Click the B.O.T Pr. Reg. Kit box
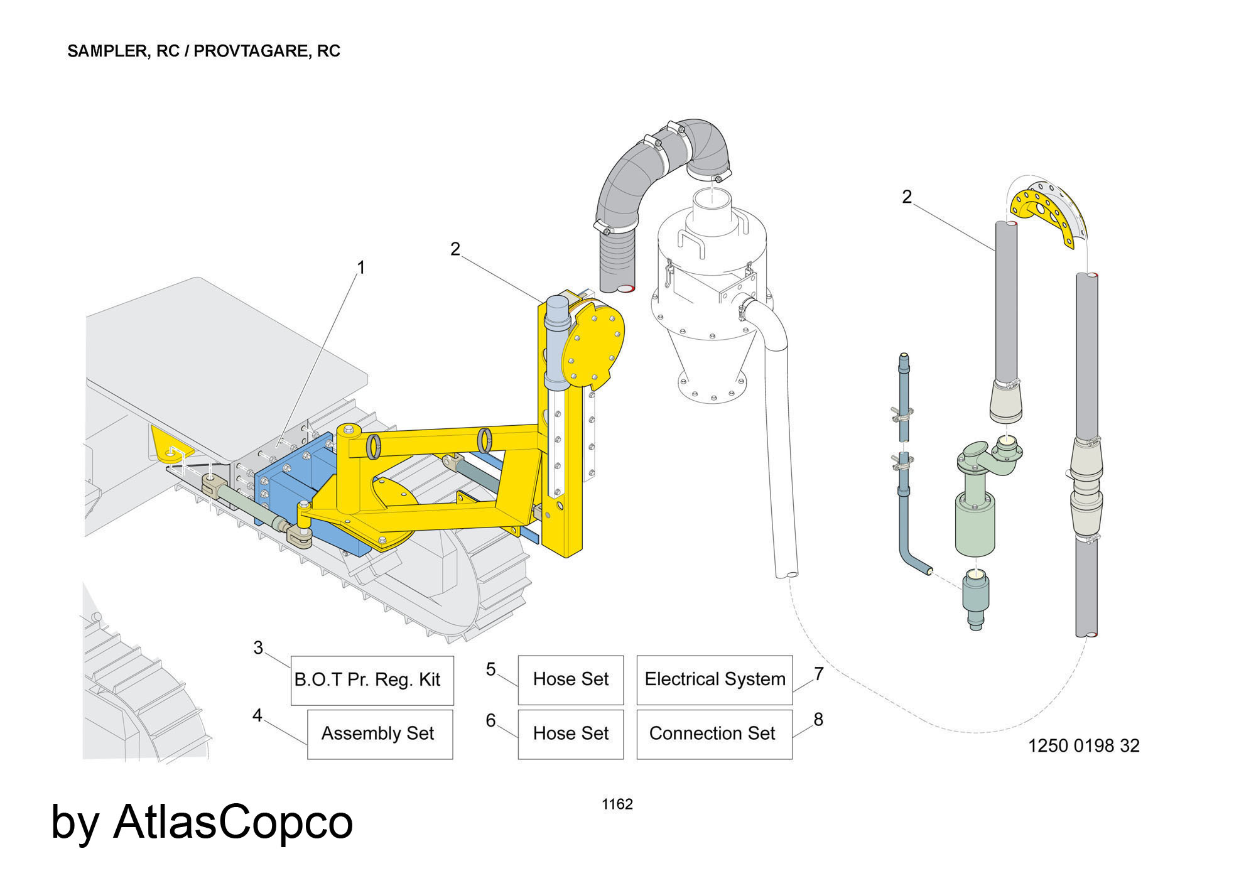click(372, 680)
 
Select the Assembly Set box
click(380, 734)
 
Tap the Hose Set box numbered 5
click(571, 680)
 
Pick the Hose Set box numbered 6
click(571, 734)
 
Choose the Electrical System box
click(715, 680)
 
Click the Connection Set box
click(715, 734)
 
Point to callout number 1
click(360, 268)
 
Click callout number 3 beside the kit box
click(258, 647)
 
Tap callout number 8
click(818, 720)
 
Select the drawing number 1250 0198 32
click(1083, 745)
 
